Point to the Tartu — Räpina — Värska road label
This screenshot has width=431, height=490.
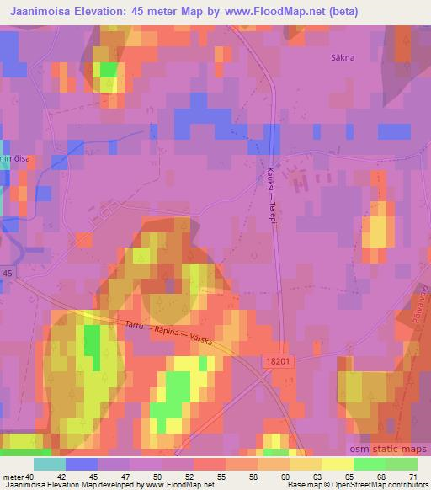[164, 333]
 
